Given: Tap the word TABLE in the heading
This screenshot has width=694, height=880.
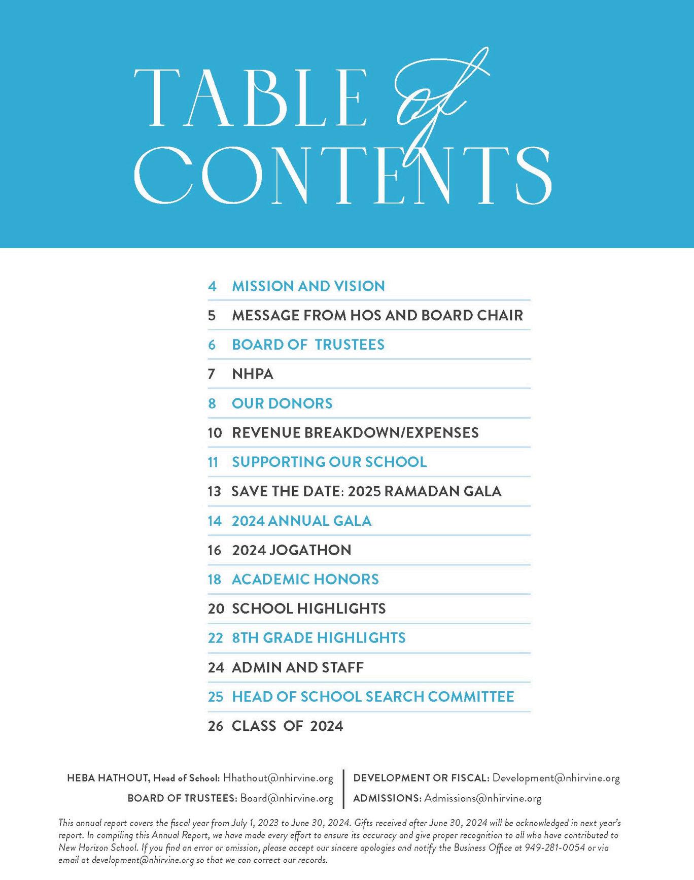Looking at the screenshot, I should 249,97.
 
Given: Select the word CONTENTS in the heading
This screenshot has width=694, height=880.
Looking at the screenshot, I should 343,175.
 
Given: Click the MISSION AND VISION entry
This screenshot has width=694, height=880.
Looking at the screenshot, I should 308,286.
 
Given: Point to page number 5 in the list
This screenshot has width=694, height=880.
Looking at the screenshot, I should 212,316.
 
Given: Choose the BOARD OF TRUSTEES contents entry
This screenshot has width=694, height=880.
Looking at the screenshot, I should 308,345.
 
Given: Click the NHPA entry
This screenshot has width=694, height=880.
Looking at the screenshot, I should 253,374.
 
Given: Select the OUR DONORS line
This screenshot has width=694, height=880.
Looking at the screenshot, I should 282,403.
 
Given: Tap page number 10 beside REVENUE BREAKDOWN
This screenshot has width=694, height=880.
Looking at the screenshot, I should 215,433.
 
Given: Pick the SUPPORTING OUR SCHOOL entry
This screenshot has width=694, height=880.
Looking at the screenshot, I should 329,462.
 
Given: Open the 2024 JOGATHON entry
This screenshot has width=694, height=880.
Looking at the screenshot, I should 291,550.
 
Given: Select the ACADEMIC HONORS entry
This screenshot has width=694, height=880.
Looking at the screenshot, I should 305,580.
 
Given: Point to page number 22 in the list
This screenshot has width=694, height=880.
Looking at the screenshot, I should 216,638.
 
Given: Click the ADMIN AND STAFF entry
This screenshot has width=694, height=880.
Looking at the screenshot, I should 297,667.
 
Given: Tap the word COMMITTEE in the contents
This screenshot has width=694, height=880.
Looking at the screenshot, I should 471,697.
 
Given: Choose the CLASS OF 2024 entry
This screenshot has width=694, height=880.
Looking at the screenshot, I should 287,726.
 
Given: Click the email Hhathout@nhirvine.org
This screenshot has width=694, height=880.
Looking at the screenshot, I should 278,778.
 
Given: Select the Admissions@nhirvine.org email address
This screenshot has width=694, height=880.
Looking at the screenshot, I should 482,798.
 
